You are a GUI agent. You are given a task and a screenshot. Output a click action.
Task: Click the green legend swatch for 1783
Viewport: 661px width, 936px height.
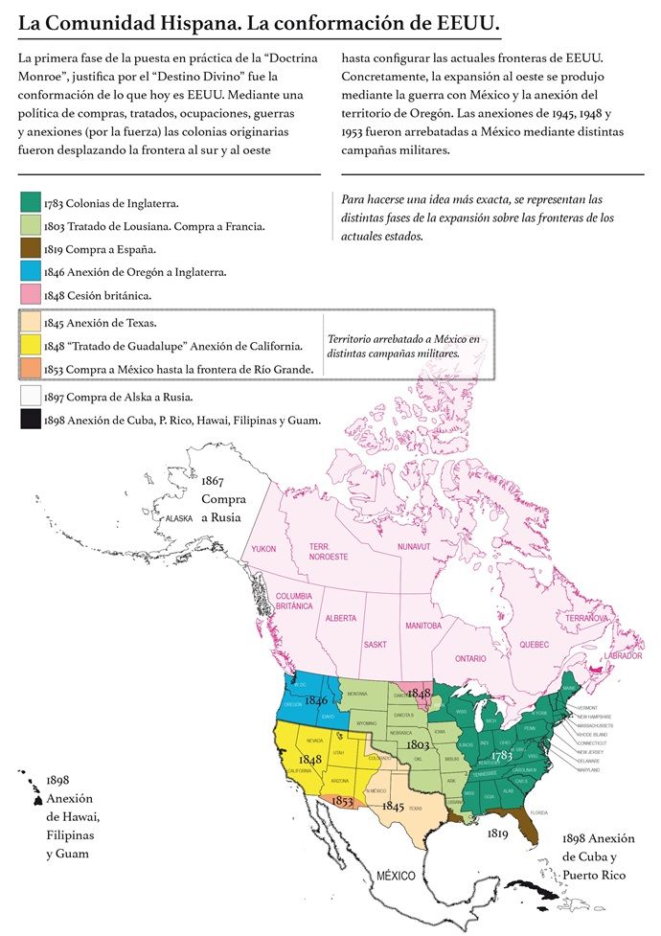click(30, 202)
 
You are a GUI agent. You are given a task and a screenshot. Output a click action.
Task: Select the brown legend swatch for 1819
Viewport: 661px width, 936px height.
click(30, 248)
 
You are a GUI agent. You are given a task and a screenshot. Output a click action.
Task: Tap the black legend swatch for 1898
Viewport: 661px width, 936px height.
click(30, 419)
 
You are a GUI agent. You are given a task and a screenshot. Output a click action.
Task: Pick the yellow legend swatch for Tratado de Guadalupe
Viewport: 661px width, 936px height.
click(30, 345)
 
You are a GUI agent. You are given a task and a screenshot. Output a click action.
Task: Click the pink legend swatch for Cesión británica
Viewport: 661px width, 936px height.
click(30, 294)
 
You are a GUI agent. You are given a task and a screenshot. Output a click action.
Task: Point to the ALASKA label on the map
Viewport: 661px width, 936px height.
click(179, 518)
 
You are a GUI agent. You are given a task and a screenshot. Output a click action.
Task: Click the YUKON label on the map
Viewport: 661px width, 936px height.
click(263, 548)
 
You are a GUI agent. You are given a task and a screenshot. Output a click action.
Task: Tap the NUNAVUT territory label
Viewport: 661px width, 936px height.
click(416, 546)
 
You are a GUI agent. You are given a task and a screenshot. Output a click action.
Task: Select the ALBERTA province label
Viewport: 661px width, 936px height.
click(341, 619)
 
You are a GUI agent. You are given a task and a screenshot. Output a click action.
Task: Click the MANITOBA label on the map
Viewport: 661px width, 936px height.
click(422, 626)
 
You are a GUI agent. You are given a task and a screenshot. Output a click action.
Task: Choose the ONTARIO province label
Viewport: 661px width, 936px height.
click(470, 659)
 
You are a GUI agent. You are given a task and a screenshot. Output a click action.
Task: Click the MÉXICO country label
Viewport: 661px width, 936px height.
click(396, 876)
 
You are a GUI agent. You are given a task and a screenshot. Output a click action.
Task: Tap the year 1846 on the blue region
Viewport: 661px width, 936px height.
click(316, 701)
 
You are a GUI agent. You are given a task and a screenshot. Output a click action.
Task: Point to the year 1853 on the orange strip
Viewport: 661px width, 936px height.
click(343, 801)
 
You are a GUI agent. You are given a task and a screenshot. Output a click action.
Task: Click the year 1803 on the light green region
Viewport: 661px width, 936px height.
click(418, 743)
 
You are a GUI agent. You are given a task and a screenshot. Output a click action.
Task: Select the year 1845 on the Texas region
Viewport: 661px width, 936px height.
click(393, 807)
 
